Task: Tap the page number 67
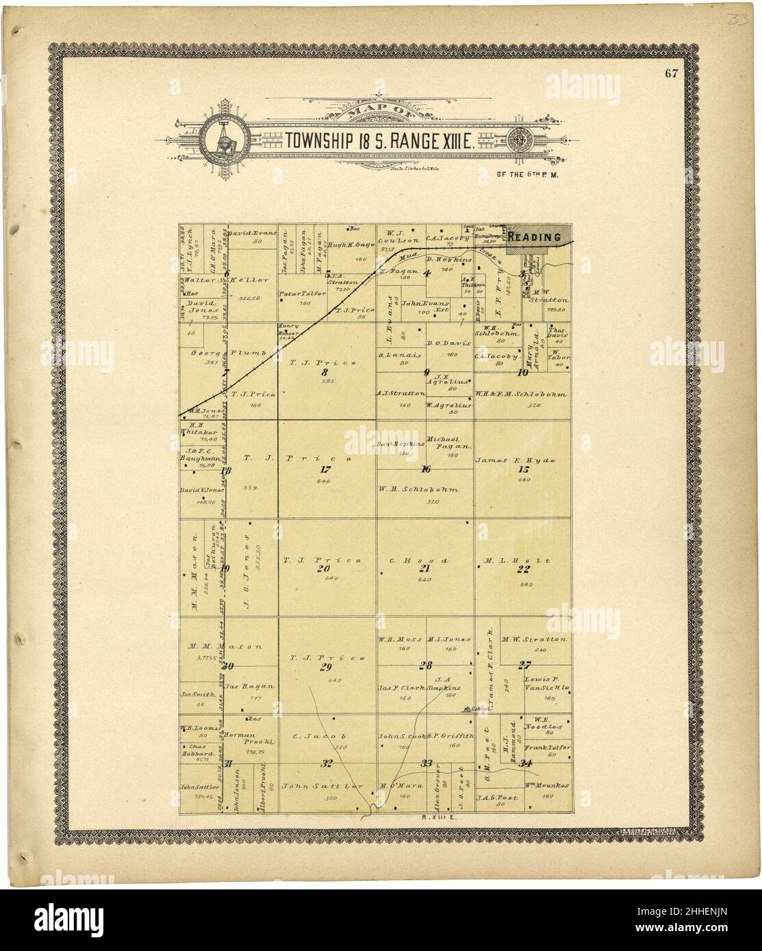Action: click(x=670, y=75)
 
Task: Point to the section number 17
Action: click(x=325, y=470)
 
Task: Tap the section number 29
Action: click(x=325, y=668)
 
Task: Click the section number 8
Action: click(x=325, y=372)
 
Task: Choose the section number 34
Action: click(x=526, y=763)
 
